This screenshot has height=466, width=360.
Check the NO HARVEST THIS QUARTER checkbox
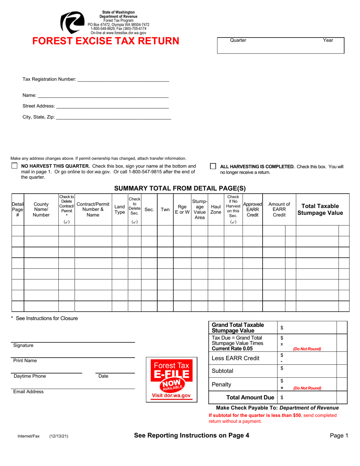[14, 166]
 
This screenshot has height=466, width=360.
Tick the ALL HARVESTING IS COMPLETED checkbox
[213, 166]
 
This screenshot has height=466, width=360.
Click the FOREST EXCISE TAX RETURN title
[106, 41]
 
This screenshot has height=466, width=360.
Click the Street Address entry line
[112, 106]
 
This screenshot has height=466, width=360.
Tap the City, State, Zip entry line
[113, 117]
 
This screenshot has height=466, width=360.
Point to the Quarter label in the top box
[238, 40]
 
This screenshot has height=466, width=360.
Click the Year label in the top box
[328, 40]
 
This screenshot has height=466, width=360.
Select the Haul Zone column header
[216, 209]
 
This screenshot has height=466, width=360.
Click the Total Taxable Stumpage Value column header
[319, 209]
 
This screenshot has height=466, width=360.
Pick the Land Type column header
[120, 209]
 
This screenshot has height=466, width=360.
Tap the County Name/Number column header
[41, 209]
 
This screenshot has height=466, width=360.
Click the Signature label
[23, 346]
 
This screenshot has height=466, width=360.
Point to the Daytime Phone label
[30, 376]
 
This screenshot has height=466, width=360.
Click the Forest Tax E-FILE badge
[171, 380]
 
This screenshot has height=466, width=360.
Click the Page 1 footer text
[339, 436]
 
